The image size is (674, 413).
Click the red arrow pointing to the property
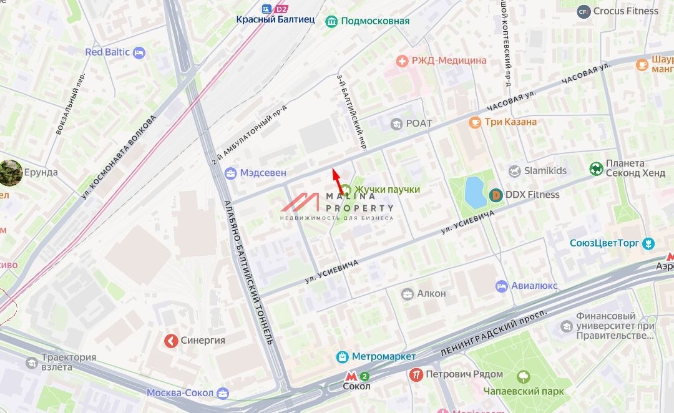click(337, 181)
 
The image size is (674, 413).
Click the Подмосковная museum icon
click(331, 21)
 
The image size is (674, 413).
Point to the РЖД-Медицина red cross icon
click(403, 61)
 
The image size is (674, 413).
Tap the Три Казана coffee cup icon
click(475, 122)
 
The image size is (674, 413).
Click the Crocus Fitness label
click(625, 11)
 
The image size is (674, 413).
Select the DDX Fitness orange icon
click(496, 195)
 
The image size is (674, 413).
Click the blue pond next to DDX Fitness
click(474, 192)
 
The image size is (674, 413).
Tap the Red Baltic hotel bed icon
click(139, 52)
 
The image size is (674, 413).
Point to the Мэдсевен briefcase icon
click(231, 173)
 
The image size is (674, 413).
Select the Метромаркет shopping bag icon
click(342, 357)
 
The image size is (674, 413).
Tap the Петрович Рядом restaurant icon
click(416, 374)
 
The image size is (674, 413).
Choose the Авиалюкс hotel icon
click(502, 286)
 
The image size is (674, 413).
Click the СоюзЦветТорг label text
click(605, 243)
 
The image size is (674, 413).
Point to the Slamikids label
click(545, 171)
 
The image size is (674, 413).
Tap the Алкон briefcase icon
click(408, 293)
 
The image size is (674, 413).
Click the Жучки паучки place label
click(387, 190)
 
